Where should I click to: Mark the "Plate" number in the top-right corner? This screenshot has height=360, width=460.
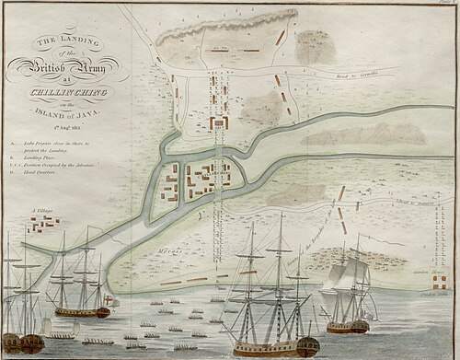coord(448,4)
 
